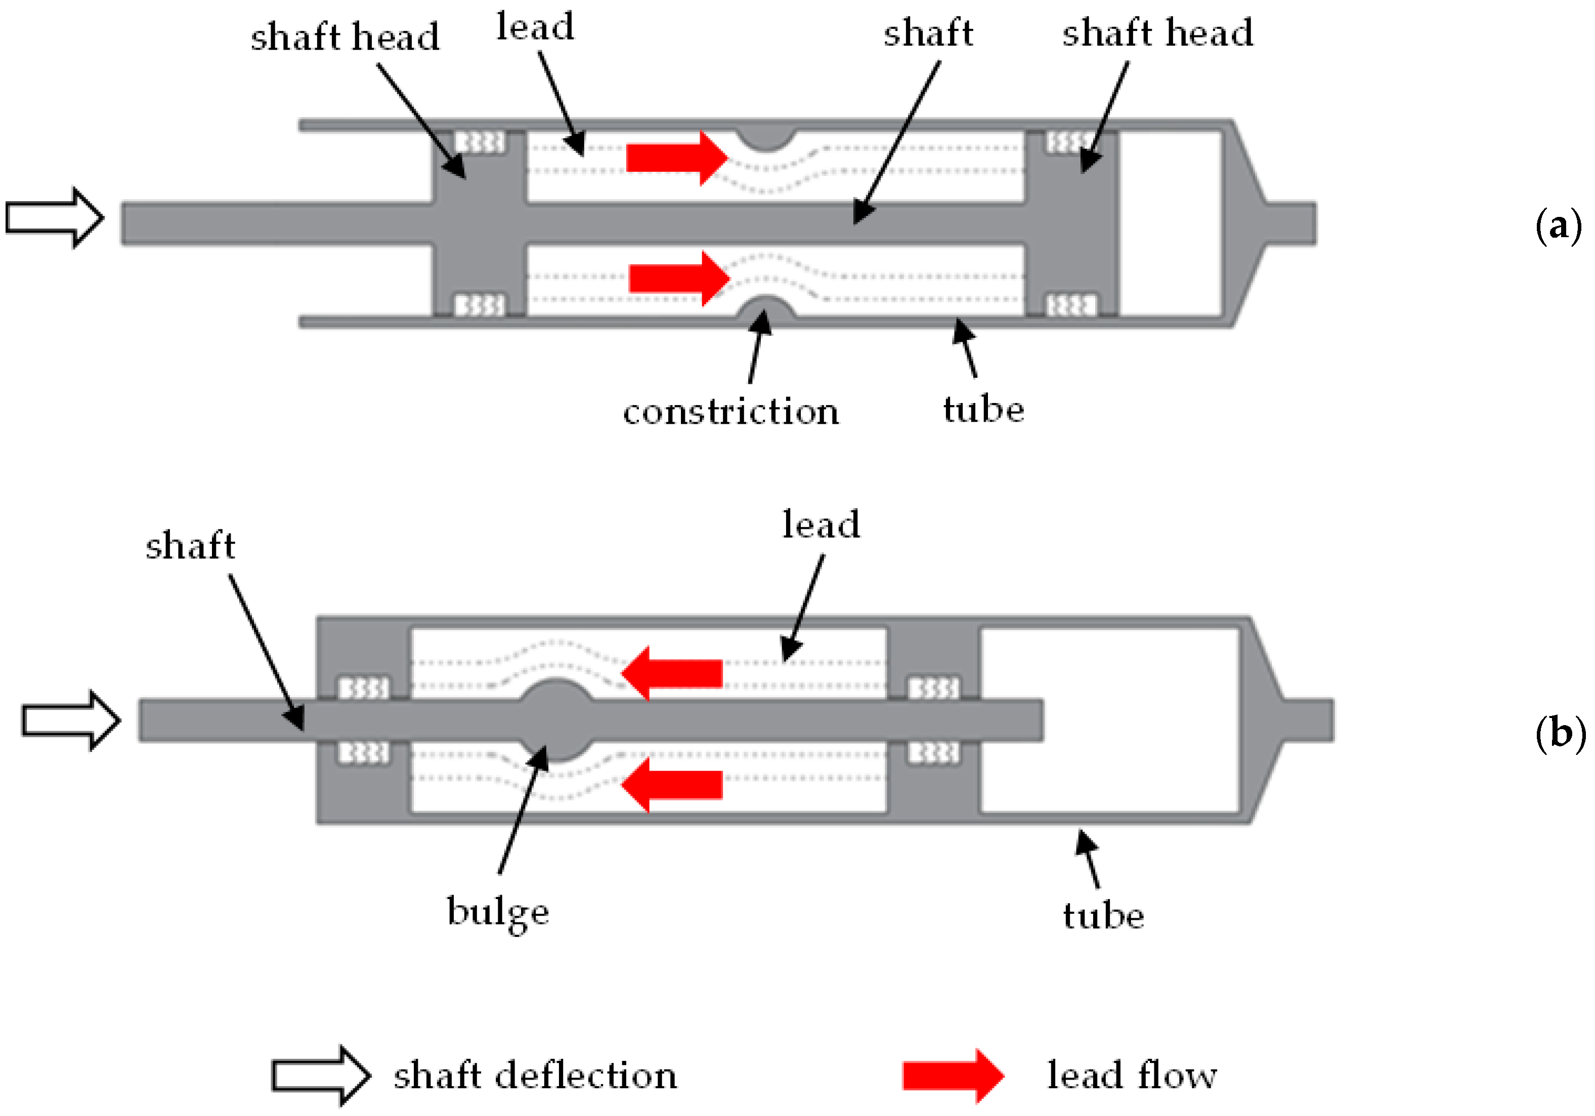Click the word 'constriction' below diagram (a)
click(x=731, y=411)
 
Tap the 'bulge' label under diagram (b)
click(x=497, y=911)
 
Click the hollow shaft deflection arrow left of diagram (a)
click(x=54, y=218)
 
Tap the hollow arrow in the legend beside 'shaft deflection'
click(x=320, y=1076)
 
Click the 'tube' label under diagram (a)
click(x=983, y=409)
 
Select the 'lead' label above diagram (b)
click(x=821, y=524)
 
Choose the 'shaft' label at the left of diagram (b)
click(x=190, y=545)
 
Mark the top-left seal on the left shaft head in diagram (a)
click(x=480, y=143)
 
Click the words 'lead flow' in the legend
click(x=1132, y=1076)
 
